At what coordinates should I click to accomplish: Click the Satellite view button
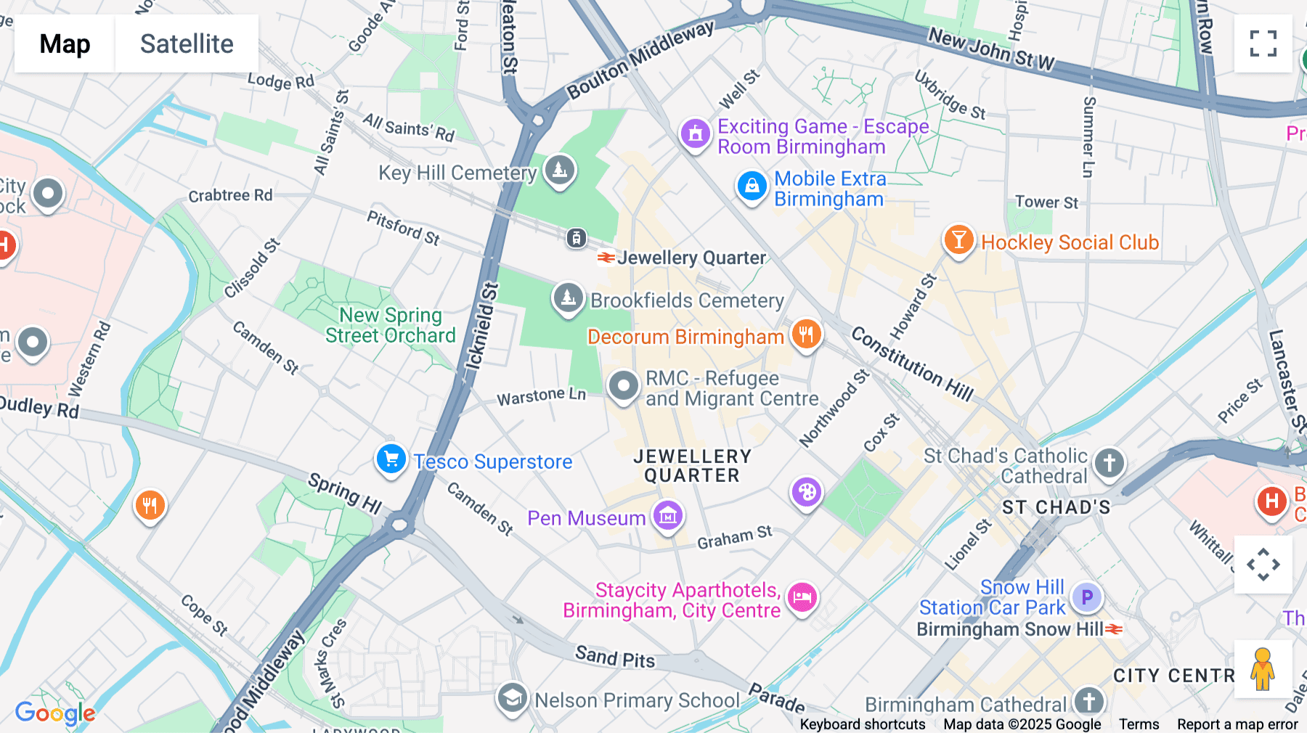click(187, 44)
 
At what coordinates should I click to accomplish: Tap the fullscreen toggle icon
click(1263, 44)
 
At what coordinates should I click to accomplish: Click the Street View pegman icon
click(1263, 668)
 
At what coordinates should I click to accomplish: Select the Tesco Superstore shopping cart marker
click(391, 459)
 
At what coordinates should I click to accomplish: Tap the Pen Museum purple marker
click(667, 515)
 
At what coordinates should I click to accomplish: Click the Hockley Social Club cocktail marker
click(958, 239)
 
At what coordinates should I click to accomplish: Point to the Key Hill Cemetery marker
click(559, 171)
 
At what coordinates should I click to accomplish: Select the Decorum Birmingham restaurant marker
click(806, 335)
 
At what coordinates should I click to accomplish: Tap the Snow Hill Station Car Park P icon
click(1086, 597)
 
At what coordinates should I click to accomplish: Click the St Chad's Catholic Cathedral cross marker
click(1109, 462)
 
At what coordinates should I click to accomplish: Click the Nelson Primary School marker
click(512, 698)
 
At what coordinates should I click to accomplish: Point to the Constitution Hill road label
click(912, 364)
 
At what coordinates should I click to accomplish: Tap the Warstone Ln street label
click(541, 396)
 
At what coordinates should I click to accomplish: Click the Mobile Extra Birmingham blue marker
click(752, 187)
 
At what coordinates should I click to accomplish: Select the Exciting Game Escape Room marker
click(695, 134)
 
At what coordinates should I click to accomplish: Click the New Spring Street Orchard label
click(391, 325)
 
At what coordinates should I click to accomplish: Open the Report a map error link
click(1237, 724)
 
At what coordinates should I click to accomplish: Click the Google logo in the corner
click(55, 713)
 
